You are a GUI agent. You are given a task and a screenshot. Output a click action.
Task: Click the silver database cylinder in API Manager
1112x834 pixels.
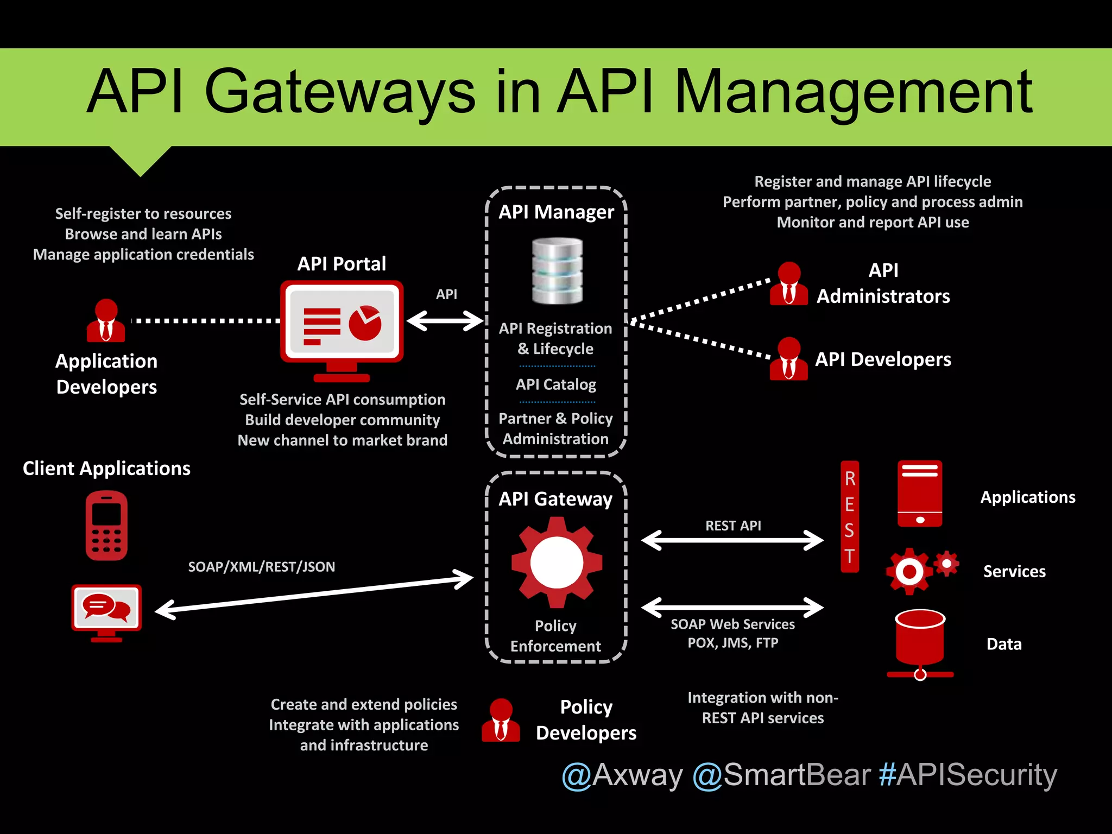[557, 271]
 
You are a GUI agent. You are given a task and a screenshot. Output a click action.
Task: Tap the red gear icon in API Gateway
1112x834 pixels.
[557, 562]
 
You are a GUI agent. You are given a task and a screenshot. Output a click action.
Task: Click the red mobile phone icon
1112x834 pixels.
[106, 525]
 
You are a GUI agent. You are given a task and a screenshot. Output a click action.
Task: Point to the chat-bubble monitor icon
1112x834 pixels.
[106, 611]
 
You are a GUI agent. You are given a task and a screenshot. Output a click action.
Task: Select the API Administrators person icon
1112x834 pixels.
[788, 283]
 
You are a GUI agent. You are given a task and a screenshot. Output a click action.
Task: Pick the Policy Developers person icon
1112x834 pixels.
[501, 720]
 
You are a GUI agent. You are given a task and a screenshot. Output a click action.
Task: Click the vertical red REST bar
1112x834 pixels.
[850, 516]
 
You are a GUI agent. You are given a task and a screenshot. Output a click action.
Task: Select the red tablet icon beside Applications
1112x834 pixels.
[920, 494]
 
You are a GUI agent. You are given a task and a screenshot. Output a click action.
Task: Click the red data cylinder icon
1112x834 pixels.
[920, 641]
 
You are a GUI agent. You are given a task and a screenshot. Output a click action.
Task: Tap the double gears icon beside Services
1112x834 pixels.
[921, 570]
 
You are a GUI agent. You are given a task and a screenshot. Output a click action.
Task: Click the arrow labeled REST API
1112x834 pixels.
[732, 540]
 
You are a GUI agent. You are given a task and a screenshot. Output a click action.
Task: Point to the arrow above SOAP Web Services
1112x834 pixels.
[732, 608]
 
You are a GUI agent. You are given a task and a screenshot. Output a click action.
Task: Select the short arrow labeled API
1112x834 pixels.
[445, 320]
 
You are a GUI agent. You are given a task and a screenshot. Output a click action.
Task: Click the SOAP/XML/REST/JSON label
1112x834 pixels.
[261, 567]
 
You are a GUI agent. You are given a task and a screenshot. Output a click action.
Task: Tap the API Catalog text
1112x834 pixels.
[556, 384]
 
